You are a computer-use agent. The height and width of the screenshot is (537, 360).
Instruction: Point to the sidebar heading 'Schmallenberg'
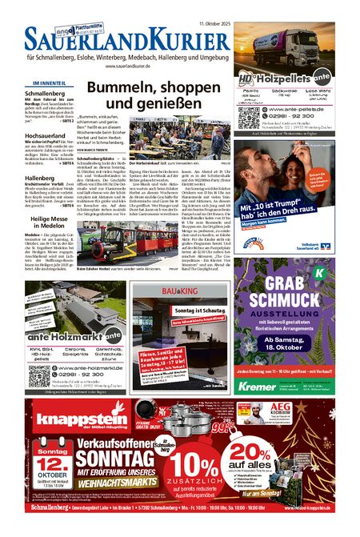point(51,94)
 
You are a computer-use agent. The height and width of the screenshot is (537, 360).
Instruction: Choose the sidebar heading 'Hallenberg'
point(40,178)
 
